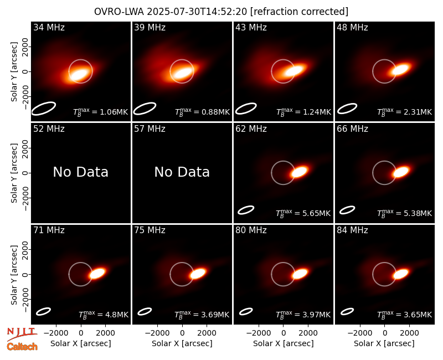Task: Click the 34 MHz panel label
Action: pos(49,27)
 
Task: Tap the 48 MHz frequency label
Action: pos(352,27)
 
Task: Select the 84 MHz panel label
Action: pos(352,230)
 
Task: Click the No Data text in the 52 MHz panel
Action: pos(80,172)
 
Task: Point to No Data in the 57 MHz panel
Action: pos(182,172)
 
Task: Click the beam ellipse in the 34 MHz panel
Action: pos(43,109)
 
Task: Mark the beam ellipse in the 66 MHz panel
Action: pos(347,210)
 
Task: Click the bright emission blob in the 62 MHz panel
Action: pos(300,172)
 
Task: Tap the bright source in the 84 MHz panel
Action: pos(401,274)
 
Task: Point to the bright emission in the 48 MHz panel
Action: pos(401,69)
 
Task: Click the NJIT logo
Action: pos(22,334)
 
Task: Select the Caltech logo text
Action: pos(22,347)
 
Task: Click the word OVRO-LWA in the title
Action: pos(119,12)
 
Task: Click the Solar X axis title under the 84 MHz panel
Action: pos(384,343)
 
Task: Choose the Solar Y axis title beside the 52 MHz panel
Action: pos(14,173)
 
